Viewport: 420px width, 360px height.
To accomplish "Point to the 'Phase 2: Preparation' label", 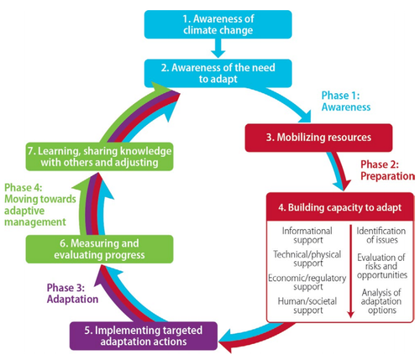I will coord(388,171).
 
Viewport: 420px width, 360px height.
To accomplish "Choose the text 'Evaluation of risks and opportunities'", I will coord(380,268).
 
